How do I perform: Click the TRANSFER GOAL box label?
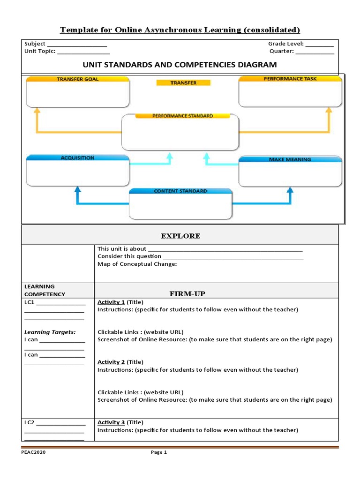(x=78, y=79)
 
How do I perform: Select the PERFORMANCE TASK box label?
(x=290, y=79)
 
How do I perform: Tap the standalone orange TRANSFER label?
(x=183, y=83)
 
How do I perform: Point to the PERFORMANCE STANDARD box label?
(x=182, y=116)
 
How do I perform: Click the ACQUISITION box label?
(x=77, y=158)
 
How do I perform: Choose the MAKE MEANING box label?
(x=290, y=159)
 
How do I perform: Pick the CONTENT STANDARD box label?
(x=180, y=191)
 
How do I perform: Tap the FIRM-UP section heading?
(x=187, y=294)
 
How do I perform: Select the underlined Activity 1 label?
(x=111, y=302)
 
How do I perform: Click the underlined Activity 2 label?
(x=111, y=362)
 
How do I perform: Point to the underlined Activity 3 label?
(x=111, y=422)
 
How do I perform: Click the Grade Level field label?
(x=286, y=44)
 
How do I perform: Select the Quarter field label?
(x=281, y=51)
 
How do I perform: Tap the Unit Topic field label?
(x=40, y=51)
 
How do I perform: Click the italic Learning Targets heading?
(x=50, y=332)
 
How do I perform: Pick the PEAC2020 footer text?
(x=33, y=452)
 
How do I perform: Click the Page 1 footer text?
(x=158, y=452)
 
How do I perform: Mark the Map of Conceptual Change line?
(x=137, y=264)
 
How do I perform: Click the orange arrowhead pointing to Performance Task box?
(x=329, y=110)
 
